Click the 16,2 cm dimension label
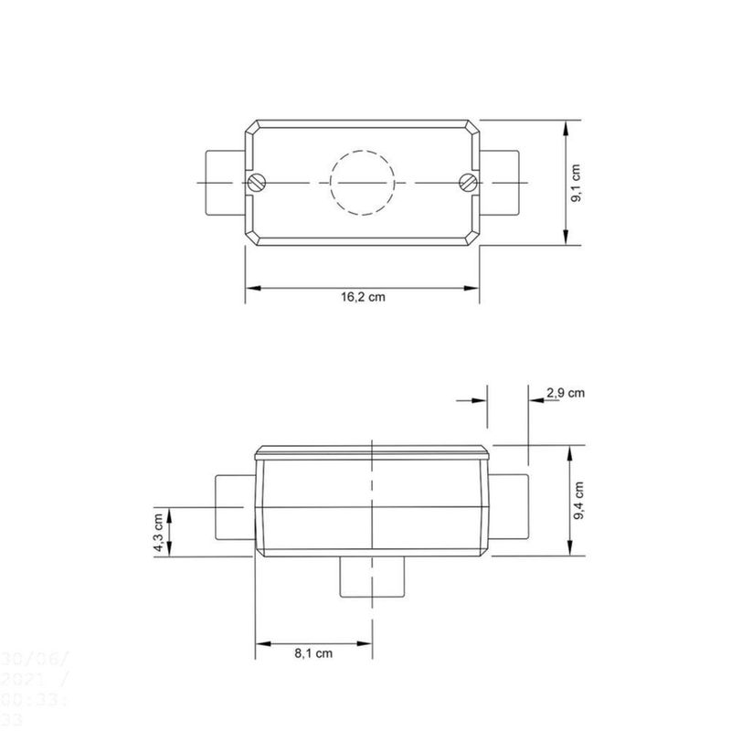tap(363, 298)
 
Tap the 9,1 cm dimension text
tap(577, 183)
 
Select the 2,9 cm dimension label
tap(565, 393)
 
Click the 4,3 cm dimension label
tap(159, 531)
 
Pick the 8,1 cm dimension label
tap(313, 653)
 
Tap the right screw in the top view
tap(467, 182)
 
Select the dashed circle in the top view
tap(363, 182)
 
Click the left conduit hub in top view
tap(223, 182)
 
